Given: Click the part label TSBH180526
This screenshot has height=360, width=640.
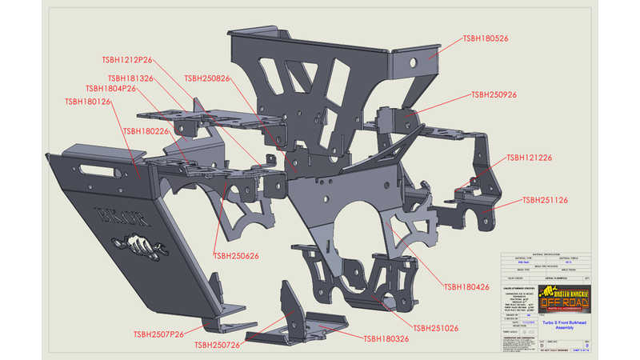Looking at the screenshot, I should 486,38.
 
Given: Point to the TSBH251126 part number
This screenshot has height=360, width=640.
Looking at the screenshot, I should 546,200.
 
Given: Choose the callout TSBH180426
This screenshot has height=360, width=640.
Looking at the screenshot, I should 467,286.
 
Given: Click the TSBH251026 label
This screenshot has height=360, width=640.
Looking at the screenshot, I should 436,328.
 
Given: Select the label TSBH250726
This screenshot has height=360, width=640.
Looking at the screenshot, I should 218,345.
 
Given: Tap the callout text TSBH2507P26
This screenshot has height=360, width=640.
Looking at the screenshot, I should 159,333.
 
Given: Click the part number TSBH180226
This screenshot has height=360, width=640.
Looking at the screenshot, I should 146,130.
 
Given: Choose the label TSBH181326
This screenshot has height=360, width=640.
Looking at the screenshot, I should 129,78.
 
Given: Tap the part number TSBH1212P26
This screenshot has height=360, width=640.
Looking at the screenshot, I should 127,59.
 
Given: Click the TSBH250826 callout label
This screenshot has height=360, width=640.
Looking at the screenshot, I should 207,78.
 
